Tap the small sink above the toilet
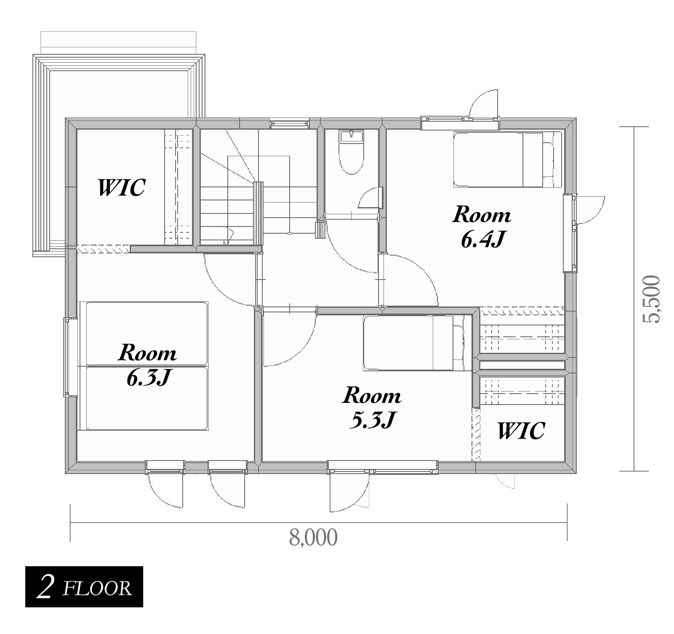[x=351, y=136]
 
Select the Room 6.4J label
[x=482, y=226]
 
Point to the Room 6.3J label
[x=147, y=365]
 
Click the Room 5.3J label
[x=372, y=408]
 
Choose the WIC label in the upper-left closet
[x=122, y=187]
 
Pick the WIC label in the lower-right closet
[x=521, y=430]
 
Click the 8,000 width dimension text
[x=313, y=538]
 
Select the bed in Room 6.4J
[x=508, y=160]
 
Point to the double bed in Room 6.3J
[x=143, y=366]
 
